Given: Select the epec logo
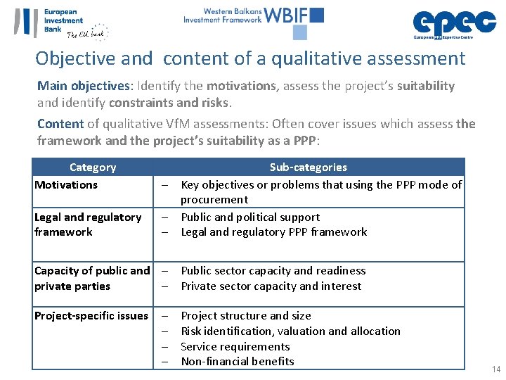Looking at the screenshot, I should tap(454, 23).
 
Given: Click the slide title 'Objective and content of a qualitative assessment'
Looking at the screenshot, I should tap(250, 58).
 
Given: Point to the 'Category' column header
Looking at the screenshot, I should tap(93, 167).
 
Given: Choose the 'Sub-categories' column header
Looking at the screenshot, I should tap(308, 167).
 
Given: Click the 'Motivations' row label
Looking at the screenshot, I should tap(66, 185).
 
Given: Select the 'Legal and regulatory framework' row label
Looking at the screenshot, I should tap(88, 224).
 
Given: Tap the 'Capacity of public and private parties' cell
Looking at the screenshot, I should tap(92, 279).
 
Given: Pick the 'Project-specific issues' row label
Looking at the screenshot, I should tap(91, 316).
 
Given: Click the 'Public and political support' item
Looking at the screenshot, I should tap(250, 217).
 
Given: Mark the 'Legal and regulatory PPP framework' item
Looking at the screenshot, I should tap(274, 232).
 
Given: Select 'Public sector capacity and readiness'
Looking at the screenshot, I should tap(273, 271).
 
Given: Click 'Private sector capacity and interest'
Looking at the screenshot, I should tap(271, 286).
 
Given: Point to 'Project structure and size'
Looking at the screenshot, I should tap(246, 316).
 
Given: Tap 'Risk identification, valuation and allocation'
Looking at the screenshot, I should tap(290, 331).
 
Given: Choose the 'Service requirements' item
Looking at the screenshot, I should tap(235, 347).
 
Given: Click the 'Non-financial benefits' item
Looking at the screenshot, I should tap(238, 362).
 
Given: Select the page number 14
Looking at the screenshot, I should tap(497, 369).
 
